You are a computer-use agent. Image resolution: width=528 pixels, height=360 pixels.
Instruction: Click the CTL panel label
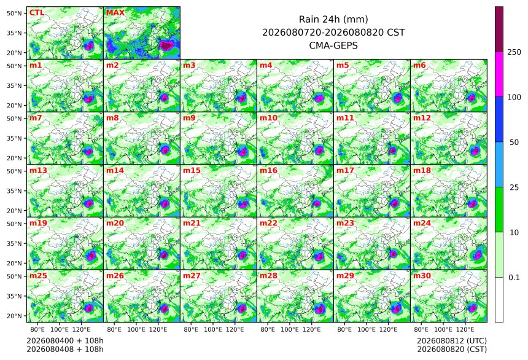[37, 13]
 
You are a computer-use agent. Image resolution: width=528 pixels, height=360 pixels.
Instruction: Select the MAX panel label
[115, 13]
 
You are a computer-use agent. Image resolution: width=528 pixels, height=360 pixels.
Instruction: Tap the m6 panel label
[419, 65]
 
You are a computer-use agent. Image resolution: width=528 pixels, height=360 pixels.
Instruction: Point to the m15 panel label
[192, 171]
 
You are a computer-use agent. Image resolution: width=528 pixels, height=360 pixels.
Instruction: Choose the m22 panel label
[268, 223]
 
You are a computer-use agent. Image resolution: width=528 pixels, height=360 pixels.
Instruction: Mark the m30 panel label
[422, 276]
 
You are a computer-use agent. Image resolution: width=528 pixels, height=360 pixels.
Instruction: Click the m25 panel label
[38, 276]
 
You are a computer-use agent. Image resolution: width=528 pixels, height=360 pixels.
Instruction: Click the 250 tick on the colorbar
[514, 52]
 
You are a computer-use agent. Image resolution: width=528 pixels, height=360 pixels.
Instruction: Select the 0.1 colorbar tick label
[514, 278]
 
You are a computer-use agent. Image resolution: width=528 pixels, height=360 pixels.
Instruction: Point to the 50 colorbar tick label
[514, 143]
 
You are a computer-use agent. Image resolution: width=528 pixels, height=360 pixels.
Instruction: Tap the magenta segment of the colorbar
[499, 74]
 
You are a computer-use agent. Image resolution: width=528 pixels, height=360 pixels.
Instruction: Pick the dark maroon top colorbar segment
[499, 29]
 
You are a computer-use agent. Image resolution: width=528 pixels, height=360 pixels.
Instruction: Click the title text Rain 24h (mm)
[333, 19]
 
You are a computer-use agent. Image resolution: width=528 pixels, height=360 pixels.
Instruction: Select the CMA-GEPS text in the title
[333, 45]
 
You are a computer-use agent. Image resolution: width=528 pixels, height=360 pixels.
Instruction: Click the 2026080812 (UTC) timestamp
[452, 341]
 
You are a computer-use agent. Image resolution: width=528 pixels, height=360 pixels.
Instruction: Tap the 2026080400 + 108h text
[65, 341]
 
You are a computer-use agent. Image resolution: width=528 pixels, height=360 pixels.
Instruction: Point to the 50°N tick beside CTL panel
[14, 13]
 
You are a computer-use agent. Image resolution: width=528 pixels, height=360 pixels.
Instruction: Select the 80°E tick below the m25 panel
[37, 329]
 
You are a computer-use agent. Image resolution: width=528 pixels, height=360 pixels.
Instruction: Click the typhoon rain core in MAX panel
[166, 45]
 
